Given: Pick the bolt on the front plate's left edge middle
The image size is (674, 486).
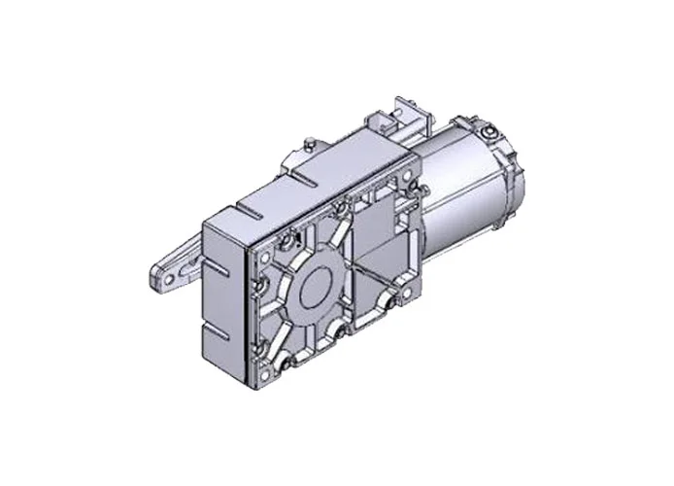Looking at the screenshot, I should pyautogui.click(x=263, y=286).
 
